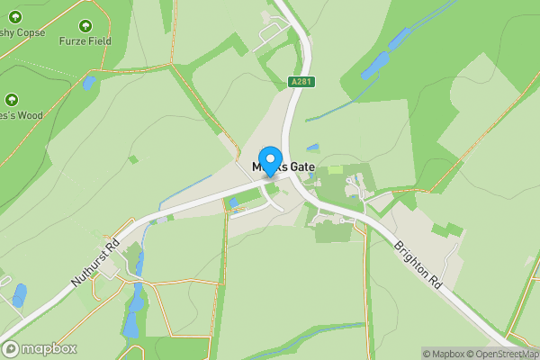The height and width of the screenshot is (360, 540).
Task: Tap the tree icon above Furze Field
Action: click(x=85, y=26)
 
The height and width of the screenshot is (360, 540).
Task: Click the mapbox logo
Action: click(x=40, y=348)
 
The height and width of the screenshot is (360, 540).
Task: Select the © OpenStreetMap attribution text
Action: click(x=499, y=353)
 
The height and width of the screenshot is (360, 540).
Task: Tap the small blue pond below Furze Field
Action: click(x=88, y=83)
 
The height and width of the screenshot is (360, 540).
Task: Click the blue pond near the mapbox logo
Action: click(x=19, y=295)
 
